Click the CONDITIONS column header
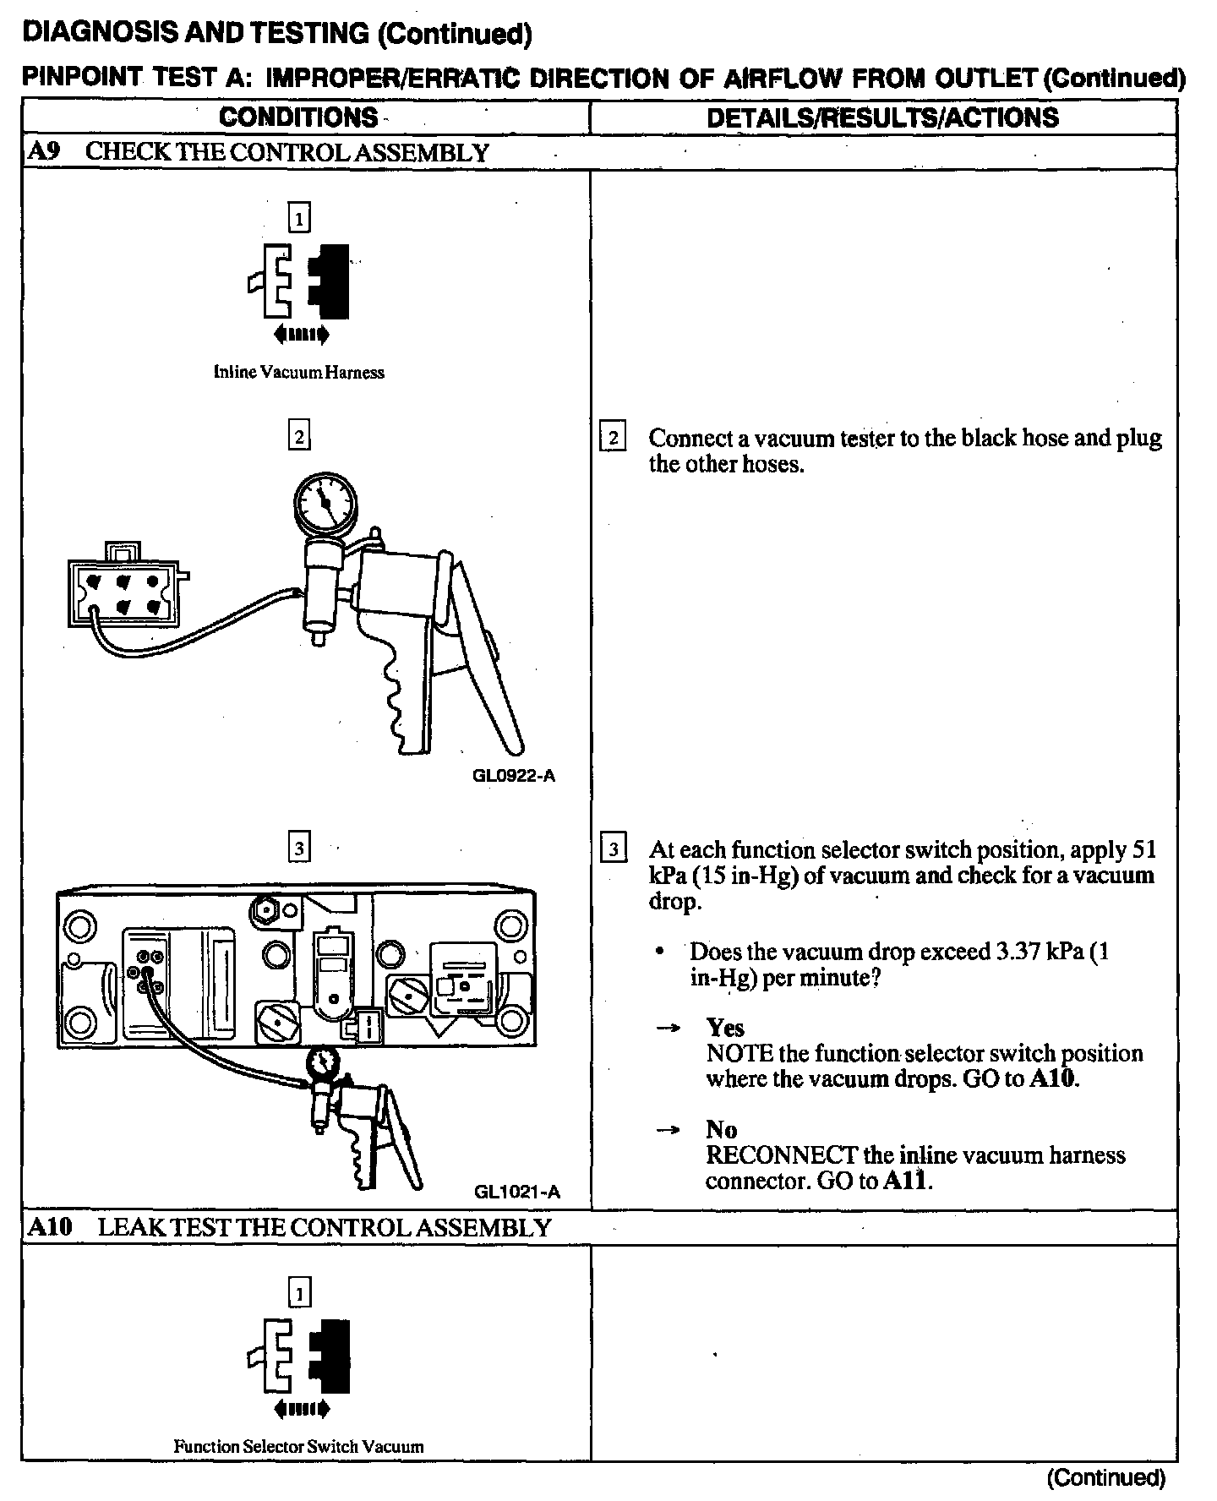coord(298,117)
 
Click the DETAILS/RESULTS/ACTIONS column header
coord(882,117)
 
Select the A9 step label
coord(41,152)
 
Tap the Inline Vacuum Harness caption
coord(298,372)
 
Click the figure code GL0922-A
coord(515,776)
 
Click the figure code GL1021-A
coord(517,1193)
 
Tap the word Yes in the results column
coord(725,1028)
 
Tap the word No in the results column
coord(721,1129)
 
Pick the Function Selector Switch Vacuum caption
coord(298,1446)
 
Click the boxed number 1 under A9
coord(299,219)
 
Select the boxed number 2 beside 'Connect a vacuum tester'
coord(613,438)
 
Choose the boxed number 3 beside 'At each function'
coord(613,849)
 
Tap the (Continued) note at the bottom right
coord(1105,1477)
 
